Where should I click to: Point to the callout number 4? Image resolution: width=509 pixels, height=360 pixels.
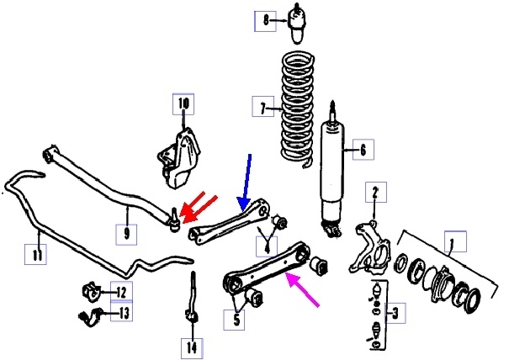266,246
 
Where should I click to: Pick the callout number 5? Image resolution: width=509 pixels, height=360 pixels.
236,319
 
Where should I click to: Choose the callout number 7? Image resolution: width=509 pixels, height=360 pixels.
262,107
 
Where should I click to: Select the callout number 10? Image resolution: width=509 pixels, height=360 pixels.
183,105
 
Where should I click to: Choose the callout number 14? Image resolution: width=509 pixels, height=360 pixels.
193,345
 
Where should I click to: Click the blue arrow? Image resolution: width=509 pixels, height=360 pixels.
246,179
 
